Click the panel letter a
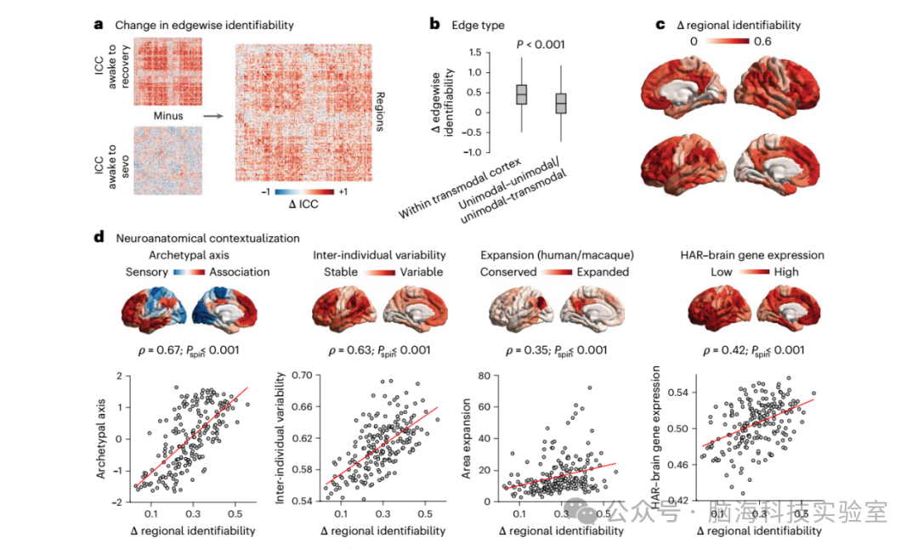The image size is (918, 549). coord(98,25)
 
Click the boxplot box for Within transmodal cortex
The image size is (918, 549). coord(522,94)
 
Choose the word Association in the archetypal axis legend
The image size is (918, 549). coord(240,272)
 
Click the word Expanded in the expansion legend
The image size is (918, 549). coord(602,272)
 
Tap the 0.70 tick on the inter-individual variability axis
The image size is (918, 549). coord(302,375)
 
